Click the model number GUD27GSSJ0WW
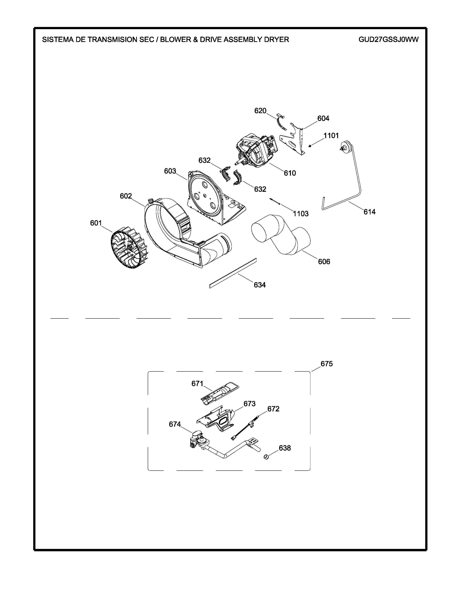pyautogui.click(x=388, y=40)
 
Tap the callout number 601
pyautogui.click(x=96, y=223)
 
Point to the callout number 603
pyautogui.click(x=170, y=171)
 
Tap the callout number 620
pyautogui.click(x=260, y=111)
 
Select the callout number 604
pyautogui.click(x=323, y=119)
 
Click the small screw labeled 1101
pyautogui.click(x=310, y=146)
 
